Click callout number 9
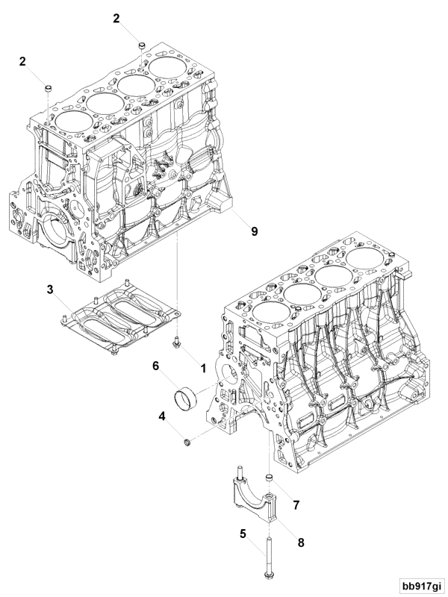pos(254,231)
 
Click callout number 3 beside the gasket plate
pos(50,289)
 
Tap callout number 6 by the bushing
pos(156,366)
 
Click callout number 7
pos(296,504)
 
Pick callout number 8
pos(301,543)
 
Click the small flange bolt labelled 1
pos(176,343)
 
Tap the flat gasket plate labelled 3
pos(119,319)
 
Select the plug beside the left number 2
pos(47,89)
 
